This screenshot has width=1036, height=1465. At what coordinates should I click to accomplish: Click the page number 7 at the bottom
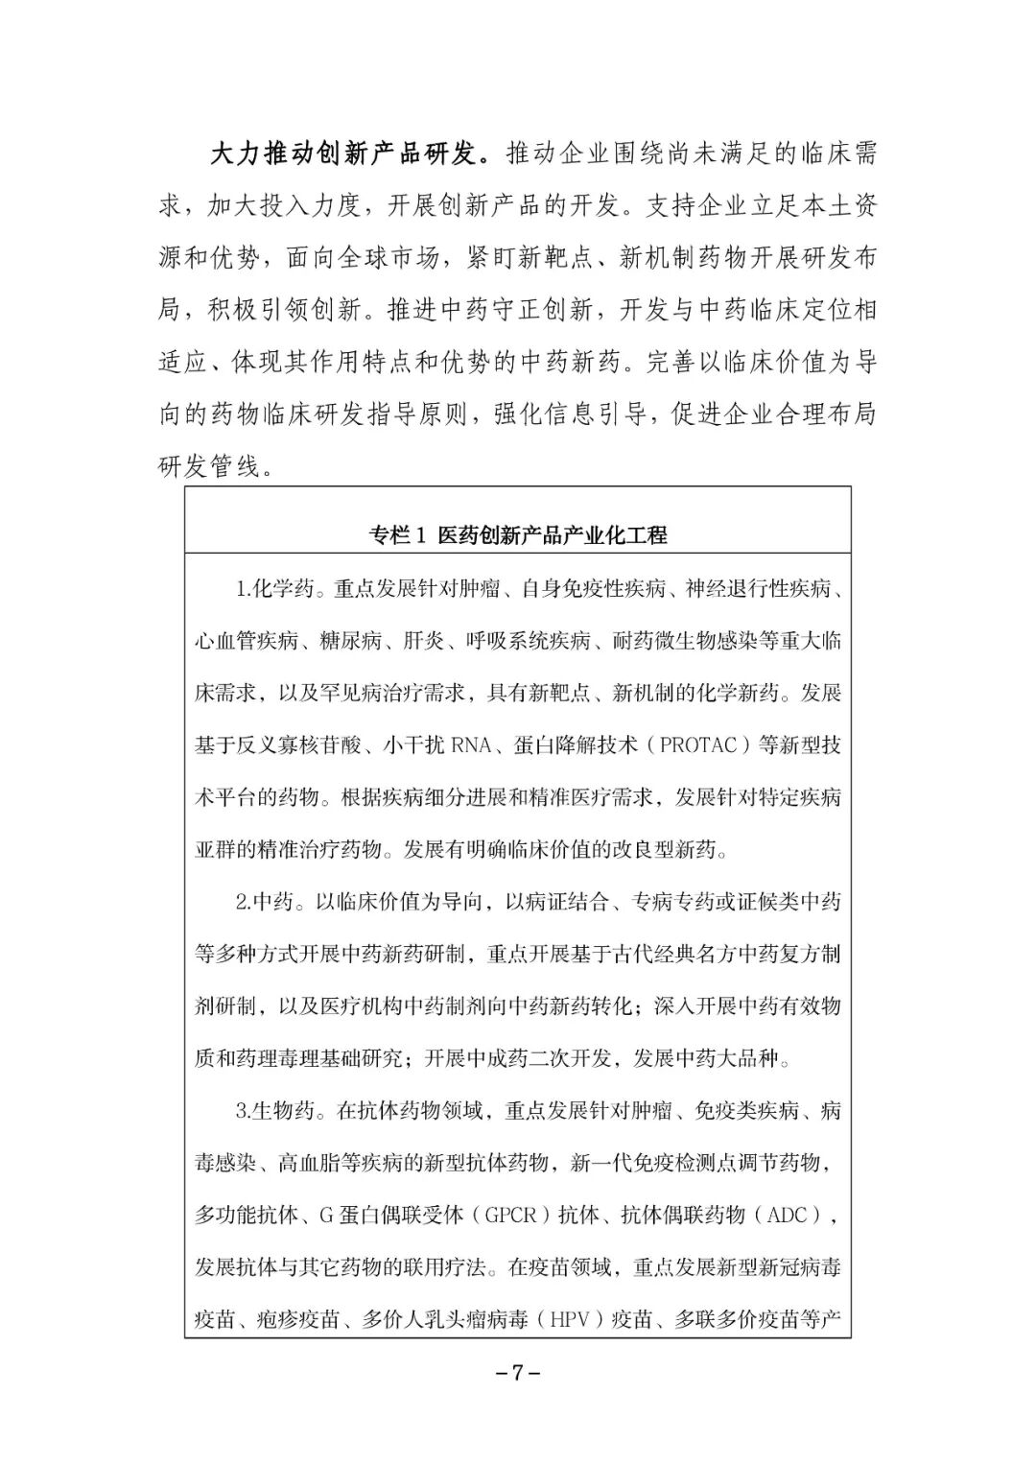(x=517, y=1372)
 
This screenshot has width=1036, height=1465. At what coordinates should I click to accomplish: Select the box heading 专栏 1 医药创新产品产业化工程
(x=517, y=535)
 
